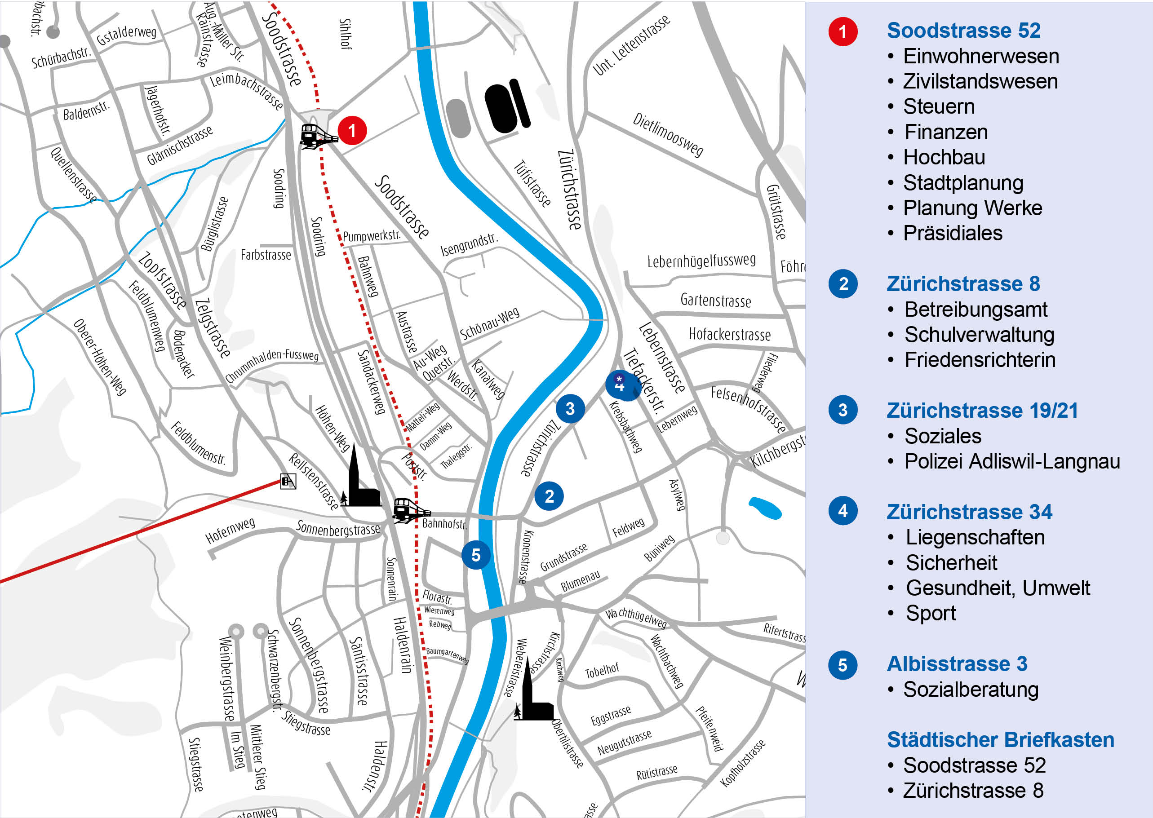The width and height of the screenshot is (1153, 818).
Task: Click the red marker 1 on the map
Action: pyautogui.click(x=351, y=130)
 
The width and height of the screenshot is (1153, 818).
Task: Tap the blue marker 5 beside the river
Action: pyautogui.click(x=475, y=555)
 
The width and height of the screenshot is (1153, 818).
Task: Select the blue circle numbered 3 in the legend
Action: pyautogui.click(x=843, y=410)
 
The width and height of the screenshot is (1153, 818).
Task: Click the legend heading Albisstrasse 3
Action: pyautogui.click(x=957, y=663)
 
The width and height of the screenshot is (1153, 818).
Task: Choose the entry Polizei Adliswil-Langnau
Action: pyautogui.click(x=1011, y=461)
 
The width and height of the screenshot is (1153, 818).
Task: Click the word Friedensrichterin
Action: pyautogui.click(x=979, y=360)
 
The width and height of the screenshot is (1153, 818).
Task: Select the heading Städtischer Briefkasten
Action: pyautogui.click(x=1000, y=739)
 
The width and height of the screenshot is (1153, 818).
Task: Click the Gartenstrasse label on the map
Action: pyautogui.click(x=715, y=300)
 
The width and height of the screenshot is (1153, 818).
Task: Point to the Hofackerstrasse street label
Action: pyautogui.click(x=729, y=335)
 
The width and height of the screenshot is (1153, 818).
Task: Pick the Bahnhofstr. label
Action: pyautogui.click(x=444, y=524)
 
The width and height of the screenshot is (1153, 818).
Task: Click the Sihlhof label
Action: pyautogui.click(x=346, y=34)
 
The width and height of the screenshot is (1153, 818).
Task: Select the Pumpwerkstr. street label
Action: pyautogui.click(x=372, y=236)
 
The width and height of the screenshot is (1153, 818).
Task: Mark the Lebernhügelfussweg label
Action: pyautogui.click(x=701, y=261)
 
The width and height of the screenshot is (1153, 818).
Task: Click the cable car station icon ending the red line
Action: pyautogui.click(x=288, y=482)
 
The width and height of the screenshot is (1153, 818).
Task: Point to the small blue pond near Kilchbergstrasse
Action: pyautogui.click(x=765, y=508)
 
